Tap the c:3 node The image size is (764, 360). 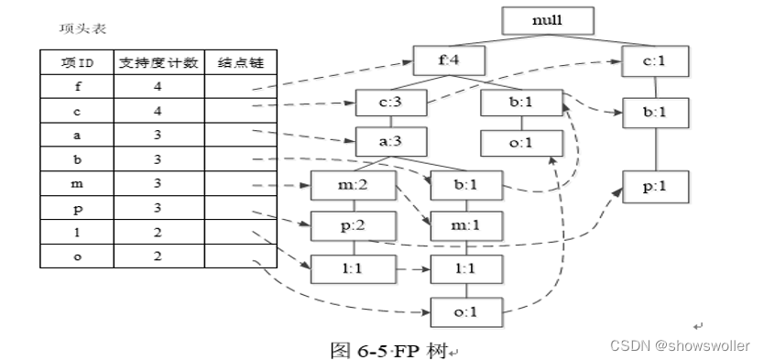click(x=389, y=103)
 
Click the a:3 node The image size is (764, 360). click(x=389, y=142)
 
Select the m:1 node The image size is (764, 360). click(x=468, y=225)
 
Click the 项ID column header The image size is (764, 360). click(x=77, y=64)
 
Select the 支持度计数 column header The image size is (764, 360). click(x=158, y=64)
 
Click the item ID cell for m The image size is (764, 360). click(x=77, y=184)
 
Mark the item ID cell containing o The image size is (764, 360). click(x=77, y=256)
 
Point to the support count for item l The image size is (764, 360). click(x=158, y=232)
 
